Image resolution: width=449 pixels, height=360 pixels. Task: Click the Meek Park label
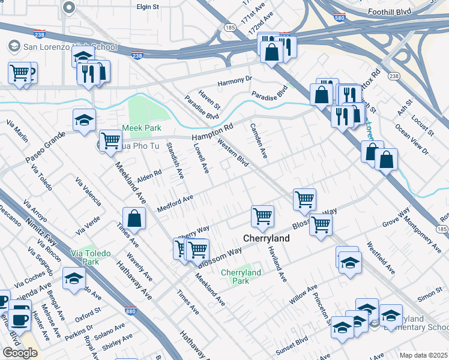(x=142, y=128)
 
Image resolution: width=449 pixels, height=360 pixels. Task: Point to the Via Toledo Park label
(x=91, y=257)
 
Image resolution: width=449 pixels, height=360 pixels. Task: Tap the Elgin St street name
(x=147, y=7)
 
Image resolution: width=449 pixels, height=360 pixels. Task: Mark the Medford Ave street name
(x=175, y=203)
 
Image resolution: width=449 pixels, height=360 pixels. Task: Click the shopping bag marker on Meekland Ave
(x=134, y=219)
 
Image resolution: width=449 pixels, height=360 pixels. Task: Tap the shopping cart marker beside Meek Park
(x=110, y=142)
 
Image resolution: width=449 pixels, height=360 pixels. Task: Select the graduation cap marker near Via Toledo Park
(x=74, y=279)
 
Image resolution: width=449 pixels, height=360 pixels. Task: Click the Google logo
(x=20, y=353)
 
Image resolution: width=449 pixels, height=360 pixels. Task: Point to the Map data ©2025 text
(x=423, y=355)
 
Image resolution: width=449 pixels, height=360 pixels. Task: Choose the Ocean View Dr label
(x=411, y=139)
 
